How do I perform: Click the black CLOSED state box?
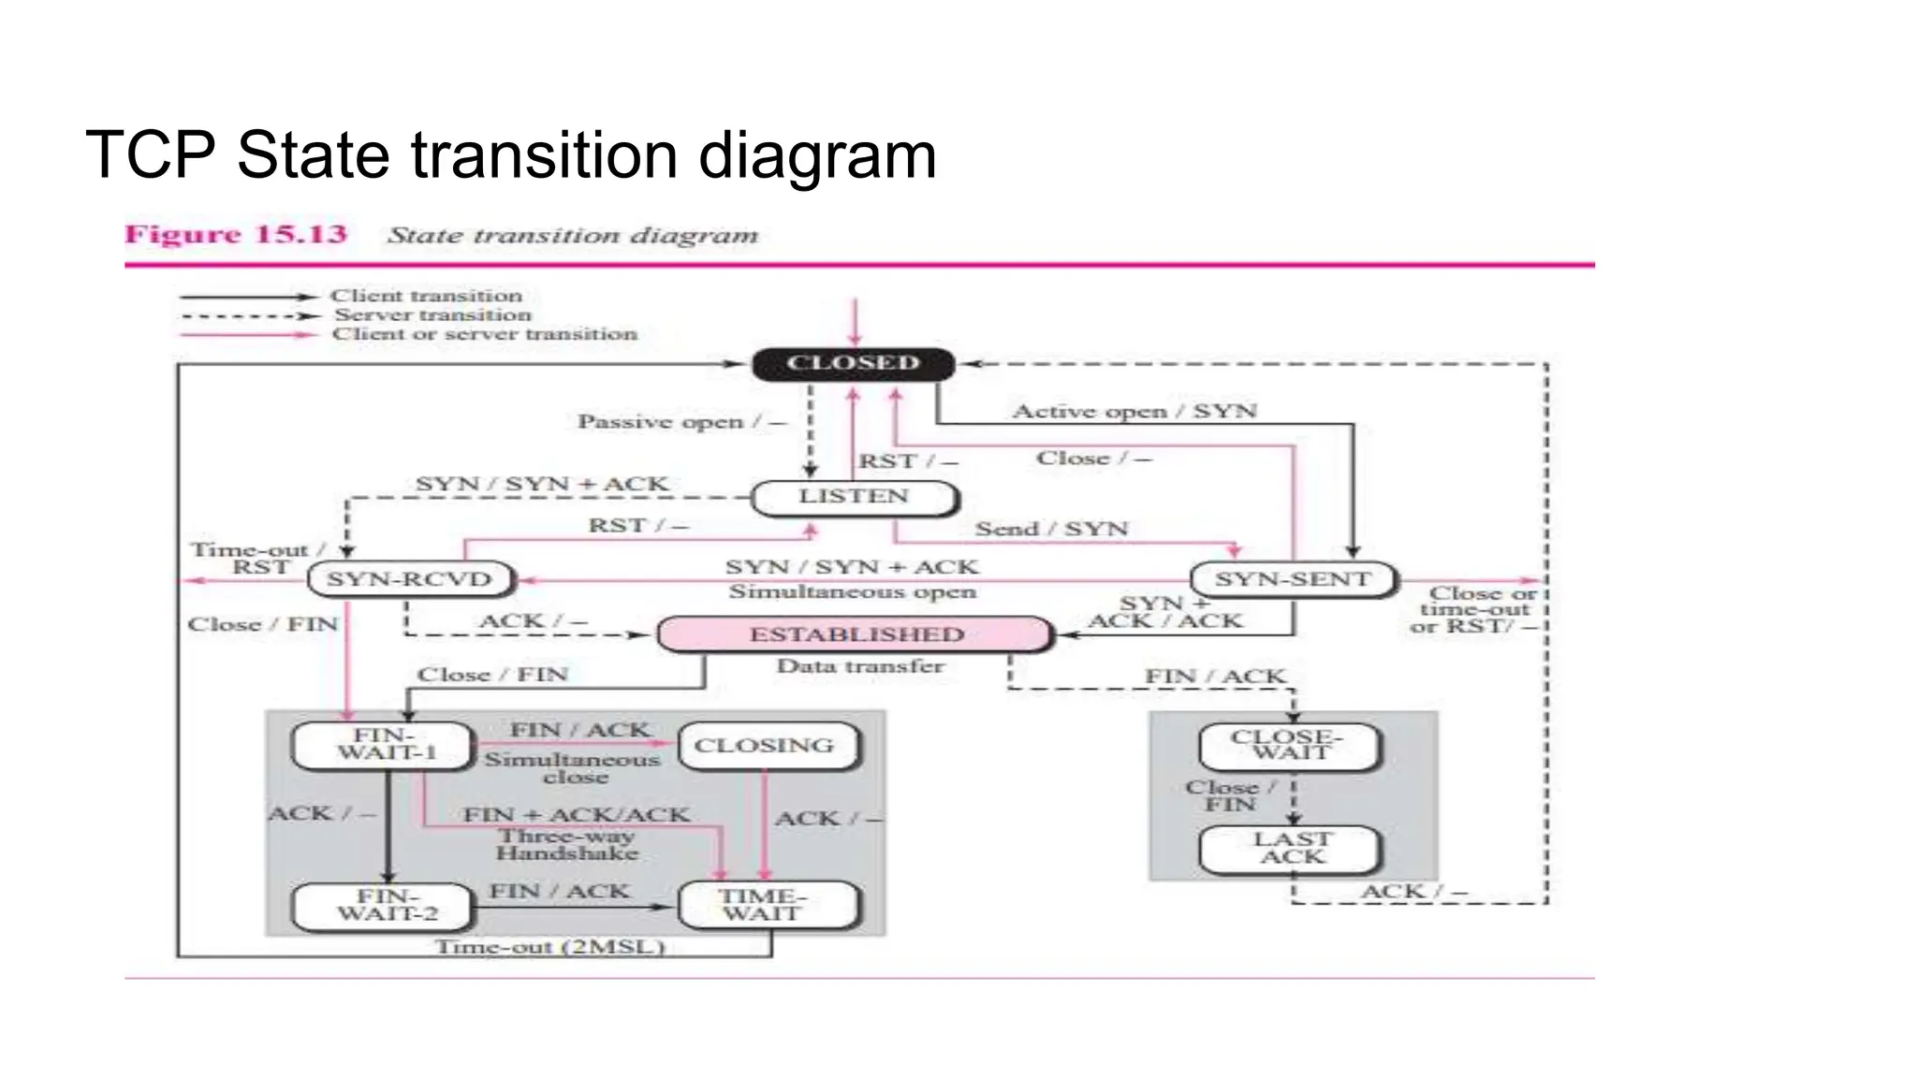pyautogui.click(x=853, y=363)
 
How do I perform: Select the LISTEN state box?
pyautogui.click(x=854, y=497)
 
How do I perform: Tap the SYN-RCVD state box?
pyautogui.click(x=410, y=579)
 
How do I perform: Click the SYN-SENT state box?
pyautogui.click(x=1293, y=579)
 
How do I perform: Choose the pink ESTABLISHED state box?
pyautogui.click(x=856, y=634)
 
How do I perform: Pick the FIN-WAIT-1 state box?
pyautogui.click(x=385, y=745)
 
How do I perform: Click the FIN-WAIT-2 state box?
pyautogui.click(x=388, y=906)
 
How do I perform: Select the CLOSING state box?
pyautogui.click(x=765, y=746)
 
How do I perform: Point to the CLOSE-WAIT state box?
pyautogui.click(x=1290, y=746)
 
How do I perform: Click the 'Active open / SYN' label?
pyautogui.click(x=1134, y=412)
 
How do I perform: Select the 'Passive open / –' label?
pyautogui.click(x=681, y=422)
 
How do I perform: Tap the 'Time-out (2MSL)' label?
pyautogui.click(x=550, y=947)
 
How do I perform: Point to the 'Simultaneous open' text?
pyautogui.click(x=852, y=592)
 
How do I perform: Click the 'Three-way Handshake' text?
pyautogui.click(x=567, y=845)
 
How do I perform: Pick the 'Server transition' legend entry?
pyautogui.click(x=432, y=315)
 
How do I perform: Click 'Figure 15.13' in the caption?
pyautogui.click(x=236, y=234)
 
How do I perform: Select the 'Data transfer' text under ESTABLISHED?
pyautogui.click(x=860, y=667)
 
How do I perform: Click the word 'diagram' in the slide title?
pyautogui.click(x=817, y=156)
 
